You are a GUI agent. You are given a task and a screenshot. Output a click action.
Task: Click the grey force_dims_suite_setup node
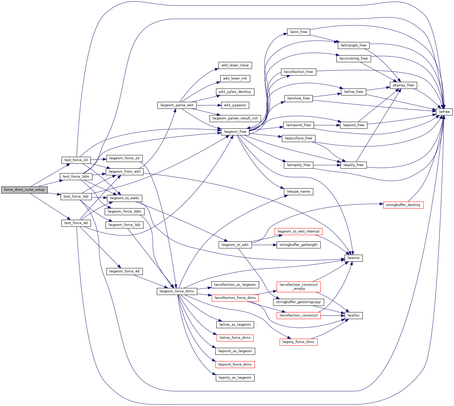[x=24, y=190]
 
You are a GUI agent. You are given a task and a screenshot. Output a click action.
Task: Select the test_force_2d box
[x=76, y=160]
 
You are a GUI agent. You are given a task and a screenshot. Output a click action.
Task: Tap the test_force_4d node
[x=76, y=223]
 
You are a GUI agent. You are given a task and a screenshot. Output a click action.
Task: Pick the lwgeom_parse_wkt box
[x=177, y=105]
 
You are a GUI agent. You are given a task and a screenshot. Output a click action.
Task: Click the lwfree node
[x=444, y=112]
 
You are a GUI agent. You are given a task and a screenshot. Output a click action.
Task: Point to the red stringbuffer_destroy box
[x=403, y=205]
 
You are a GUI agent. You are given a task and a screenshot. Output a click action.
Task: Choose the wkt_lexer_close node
[x=235, y=65]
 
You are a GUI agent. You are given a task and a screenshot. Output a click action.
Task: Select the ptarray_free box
[x=403, y=85]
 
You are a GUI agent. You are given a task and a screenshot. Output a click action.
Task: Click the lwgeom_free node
[x=235, y=132]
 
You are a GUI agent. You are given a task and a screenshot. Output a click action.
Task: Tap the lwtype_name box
[x=298, y=192]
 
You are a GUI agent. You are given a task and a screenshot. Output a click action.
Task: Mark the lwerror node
[x=354, y=258]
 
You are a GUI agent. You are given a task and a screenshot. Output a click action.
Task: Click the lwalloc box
[x=354, y=315]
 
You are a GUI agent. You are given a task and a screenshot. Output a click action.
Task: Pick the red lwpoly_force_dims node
[x=298, y=342]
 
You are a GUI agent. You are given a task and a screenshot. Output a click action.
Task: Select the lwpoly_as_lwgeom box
[x=235, y=378]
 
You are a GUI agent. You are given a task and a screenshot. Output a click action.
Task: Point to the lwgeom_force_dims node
[x=177, y=291]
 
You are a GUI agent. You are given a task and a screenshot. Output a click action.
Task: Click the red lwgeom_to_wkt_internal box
[x=298, y=231]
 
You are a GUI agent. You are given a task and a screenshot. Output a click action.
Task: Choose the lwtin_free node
[x=298, y=32]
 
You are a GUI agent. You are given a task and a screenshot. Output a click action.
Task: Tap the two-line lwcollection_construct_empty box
[x=298, y=287]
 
